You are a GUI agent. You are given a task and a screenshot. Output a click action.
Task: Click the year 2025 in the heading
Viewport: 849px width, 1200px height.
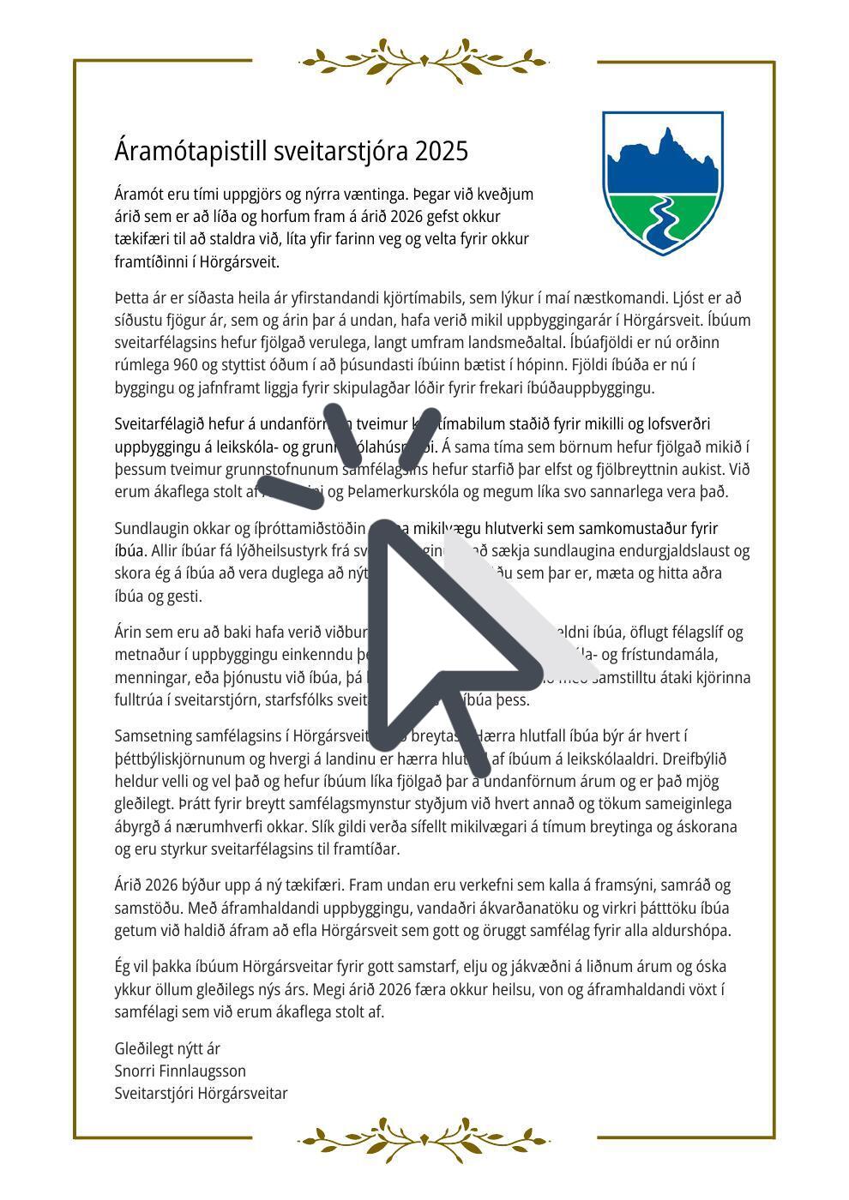coord(441,152)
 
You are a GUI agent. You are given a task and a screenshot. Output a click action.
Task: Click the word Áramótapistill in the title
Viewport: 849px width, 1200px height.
coord(191,152)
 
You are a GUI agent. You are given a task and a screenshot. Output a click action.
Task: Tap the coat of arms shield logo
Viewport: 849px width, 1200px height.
coord(662,182)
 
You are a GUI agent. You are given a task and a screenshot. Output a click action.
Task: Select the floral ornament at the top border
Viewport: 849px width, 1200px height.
coord(424,61)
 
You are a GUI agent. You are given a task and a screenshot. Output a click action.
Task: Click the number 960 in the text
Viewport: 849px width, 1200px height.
coord(185,365)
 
